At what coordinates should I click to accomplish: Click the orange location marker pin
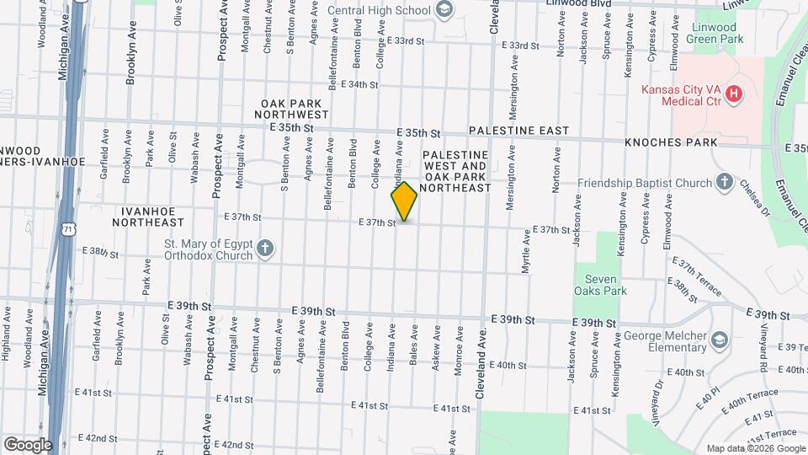[x=404, y=201]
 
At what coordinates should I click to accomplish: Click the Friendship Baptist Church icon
[x=724, y=182]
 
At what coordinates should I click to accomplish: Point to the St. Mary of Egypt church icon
[x=265, y=249]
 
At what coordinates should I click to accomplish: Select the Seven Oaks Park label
[x=606, y=285]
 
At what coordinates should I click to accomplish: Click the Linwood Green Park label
[x=716, y=33]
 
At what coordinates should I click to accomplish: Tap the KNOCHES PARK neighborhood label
[x=671, y=142]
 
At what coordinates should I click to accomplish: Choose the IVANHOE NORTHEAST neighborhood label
[x=152, y=217]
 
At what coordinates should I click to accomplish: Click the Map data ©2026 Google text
[x=754, y=448]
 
